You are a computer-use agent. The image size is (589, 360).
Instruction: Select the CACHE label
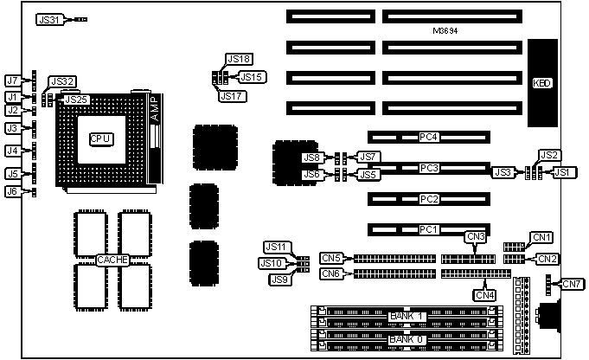point(113,259)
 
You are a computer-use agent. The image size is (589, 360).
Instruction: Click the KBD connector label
point(543,84)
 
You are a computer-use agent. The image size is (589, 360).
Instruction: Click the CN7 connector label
point(571,284)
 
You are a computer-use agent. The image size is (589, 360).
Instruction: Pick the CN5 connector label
point(332,257)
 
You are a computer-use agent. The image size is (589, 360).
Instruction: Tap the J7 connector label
point(12,80)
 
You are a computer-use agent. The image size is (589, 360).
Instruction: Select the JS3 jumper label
point(503,172)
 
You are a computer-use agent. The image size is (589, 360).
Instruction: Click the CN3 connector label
point(475,236)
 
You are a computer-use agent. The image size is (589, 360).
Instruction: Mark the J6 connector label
point(12,191)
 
